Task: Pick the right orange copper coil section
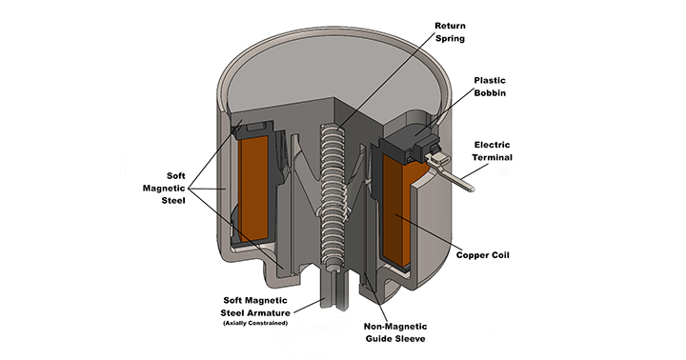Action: click(399, 210)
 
